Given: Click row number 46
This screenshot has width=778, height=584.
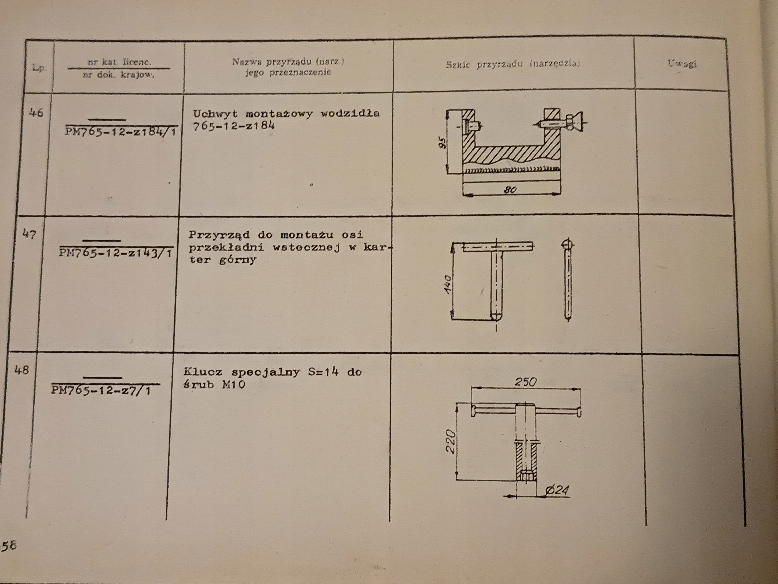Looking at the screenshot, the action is (x=36, y=113).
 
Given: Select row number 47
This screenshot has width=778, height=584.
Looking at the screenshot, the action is (x=29, y=234).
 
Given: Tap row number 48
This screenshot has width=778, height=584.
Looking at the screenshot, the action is (x=22, y=370).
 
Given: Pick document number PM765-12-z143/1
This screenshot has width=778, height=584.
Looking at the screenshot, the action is (x=115, y=253).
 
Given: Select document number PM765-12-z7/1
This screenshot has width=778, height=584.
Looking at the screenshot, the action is (x=101, y=390).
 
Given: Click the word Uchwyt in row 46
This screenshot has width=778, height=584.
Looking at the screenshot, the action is (x=215, y=114).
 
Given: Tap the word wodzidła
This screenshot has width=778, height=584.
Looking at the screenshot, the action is (x=350, y=113).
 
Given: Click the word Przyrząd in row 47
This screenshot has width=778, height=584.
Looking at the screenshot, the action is (x=219, y=235).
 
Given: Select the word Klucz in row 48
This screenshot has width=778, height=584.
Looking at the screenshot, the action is (x=203, y=372).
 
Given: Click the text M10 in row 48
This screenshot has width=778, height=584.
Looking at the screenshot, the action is (x=234, y=384).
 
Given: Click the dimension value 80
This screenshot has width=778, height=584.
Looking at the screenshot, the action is (x=510, y=190).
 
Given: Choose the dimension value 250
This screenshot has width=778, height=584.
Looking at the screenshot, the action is (x=525, y=382).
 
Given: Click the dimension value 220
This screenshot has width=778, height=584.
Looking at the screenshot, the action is (x=451, y=442).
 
